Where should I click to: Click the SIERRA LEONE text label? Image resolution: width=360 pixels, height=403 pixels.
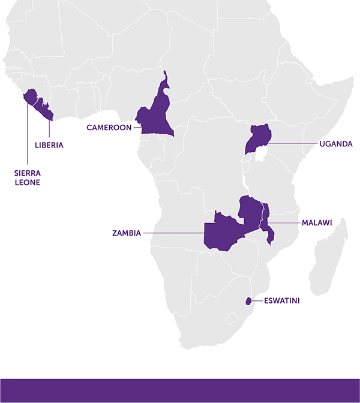[x=27, y=177]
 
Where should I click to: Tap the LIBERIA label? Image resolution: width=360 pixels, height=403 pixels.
[x=49, y=145]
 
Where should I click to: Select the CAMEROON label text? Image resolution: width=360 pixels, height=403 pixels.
[x=109, y=127]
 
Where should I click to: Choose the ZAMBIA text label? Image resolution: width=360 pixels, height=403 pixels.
[x=126, y=233]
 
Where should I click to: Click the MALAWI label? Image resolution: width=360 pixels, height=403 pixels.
[x=316, y=222]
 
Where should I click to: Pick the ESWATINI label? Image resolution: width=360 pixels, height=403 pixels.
[x=281, y=301]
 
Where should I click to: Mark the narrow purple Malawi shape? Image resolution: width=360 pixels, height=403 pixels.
[x=268, y=225]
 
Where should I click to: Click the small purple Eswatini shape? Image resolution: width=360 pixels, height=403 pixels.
[x=248, y=301]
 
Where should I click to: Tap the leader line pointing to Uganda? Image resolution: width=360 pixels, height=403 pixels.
[x=294, y=144]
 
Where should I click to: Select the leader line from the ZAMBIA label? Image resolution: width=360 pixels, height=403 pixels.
[x=174, y=233]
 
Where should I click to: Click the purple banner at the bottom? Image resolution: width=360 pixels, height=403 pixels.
[x=180, y=390]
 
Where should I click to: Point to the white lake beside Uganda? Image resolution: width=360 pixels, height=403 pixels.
[x=262, y=158]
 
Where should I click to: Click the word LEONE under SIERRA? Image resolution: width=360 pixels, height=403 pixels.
[x=27, y=182]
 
